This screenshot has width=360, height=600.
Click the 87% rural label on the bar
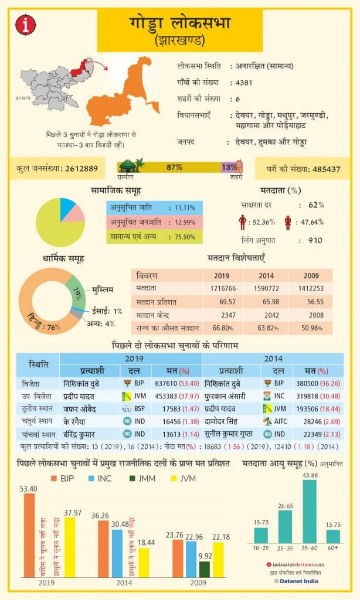(x=174, y=168)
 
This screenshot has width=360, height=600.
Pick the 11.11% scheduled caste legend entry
(x=154, y=207)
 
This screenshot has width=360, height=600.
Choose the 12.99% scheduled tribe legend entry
(x=154, y=222)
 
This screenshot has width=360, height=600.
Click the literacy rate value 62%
(x=316, y=205)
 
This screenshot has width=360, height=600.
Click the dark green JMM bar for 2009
(x=204, y=568)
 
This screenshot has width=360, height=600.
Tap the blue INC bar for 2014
(x=117, y=553)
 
